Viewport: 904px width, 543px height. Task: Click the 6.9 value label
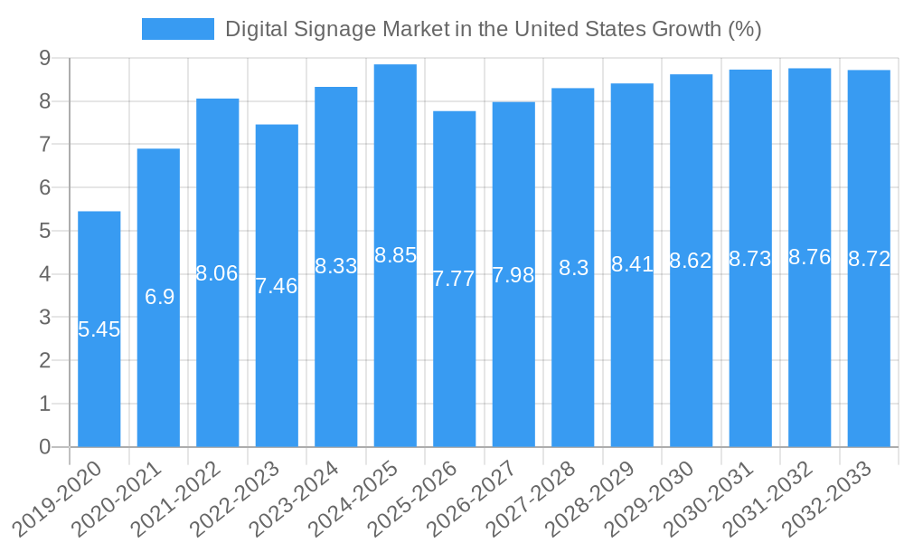159,297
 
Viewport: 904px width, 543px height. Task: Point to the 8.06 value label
217,273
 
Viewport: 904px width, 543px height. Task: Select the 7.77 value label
454,279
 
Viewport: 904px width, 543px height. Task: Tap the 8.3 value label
573,268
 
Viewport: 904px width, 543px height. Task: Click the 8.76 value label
810,257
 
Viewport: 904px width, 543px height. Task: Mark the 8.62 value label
691,261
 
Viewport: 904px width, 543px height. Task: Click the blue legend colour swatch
178,29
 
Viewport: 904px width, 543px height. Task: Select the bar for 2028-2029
632,362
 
